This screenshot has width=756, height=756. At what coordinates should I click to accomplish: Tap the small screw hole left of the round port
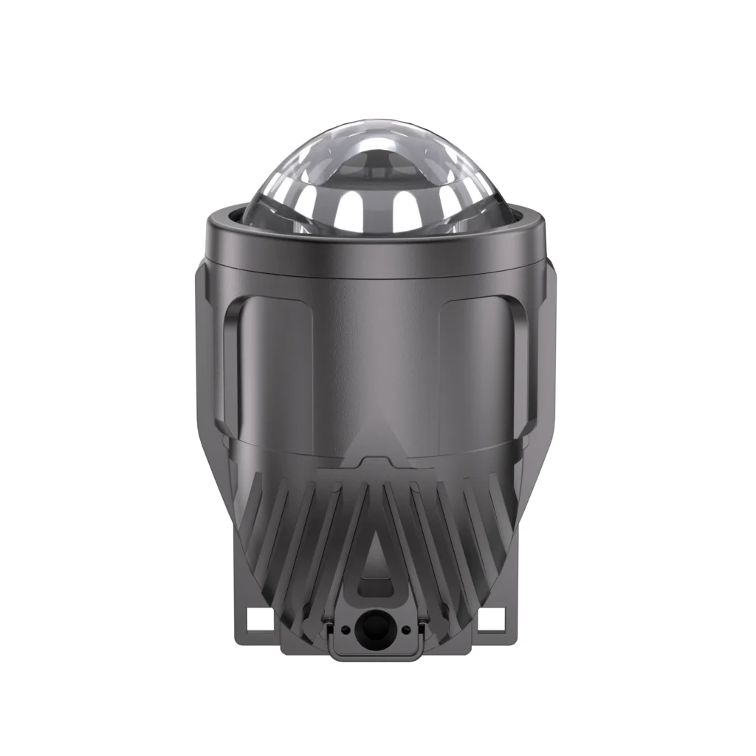346,629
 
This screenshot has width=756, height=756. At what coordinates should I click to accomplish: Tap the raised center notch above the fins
377,461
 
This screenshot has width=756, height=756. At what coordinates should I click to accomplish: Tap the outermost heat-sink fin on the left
251,509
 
